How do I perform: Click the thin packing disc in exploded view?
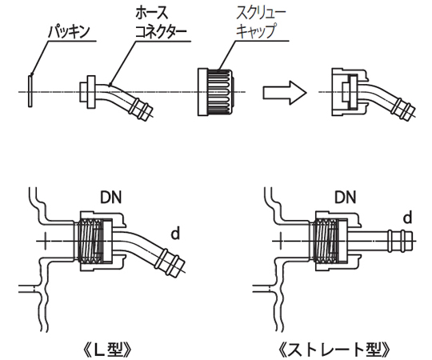[x=28, y=90]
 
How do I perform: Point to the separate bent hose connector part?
[x=116, y=95]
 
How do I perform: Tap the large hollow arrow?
[x=285, y=91]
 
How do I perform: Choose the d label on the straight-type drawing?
[x=407, y=218]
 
